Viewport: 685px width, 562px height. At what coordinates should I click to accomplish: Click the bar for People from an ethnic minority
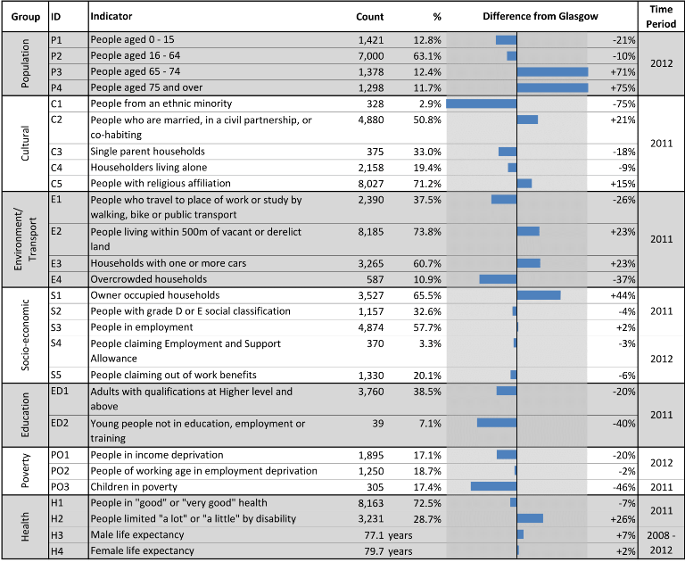(x=482, y=103)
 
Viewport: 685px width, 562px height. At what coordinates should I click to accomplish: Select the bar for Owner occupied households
(x=539, y=295)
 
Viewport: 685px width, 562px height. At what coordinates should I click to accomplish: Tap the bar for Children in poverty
(x=493, y=486)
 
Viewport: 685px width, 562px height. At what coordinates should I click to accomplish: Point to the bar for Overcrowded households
(x=498, y=279)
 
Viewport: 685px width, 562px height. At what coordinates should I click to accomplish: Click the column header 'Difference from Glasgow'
(x=541, y=17)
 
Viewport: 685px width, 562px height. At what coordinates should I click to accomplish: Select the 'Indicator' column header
(x=111, y=16)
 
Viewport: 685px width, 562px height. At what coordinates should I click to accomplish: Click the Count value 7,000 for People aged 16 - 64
(x=371, y=56)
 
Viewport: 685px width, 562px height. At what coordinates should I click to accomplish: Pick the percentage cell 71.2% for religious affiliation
(x=427, y=184)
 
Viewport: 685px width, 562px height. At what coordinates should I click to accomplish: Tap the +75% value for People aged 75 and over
(x=623, y=87)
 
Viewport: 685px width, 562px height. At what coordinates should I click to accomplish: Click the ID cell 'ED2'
(x=60, y=423)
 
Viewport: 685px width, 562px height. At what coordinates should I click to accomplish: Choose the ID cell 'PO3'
(x=60, y=487)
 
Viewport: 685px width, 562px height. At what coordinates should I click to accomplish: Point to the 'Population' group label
(x=25, y=64)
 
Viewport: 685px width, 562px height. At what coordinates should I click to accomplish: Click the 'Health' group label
(x=25, y=527)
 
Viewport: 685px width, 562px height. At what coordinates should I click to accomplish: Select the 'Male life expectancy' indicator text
(x=137, y=535)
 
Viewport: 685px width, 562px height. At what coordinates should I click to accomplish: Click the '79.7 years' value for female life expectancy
(x=388, y=551)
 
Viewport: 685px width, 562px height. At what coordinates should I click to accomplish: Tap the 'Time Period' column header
(x=661, y=17)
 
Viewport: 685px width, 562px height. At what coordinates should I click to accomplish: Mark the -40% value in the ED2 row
(x=623, y=424)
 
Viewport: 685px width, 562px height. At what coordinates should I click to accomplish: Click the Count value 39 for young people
(x=378, y=424)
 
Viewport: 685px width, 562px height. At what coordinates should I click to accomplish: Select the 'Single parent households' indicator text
(x=148, y=152)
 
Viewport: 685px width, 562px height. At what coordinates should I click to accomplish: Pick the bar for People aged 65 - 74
(x=553, y=71)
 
